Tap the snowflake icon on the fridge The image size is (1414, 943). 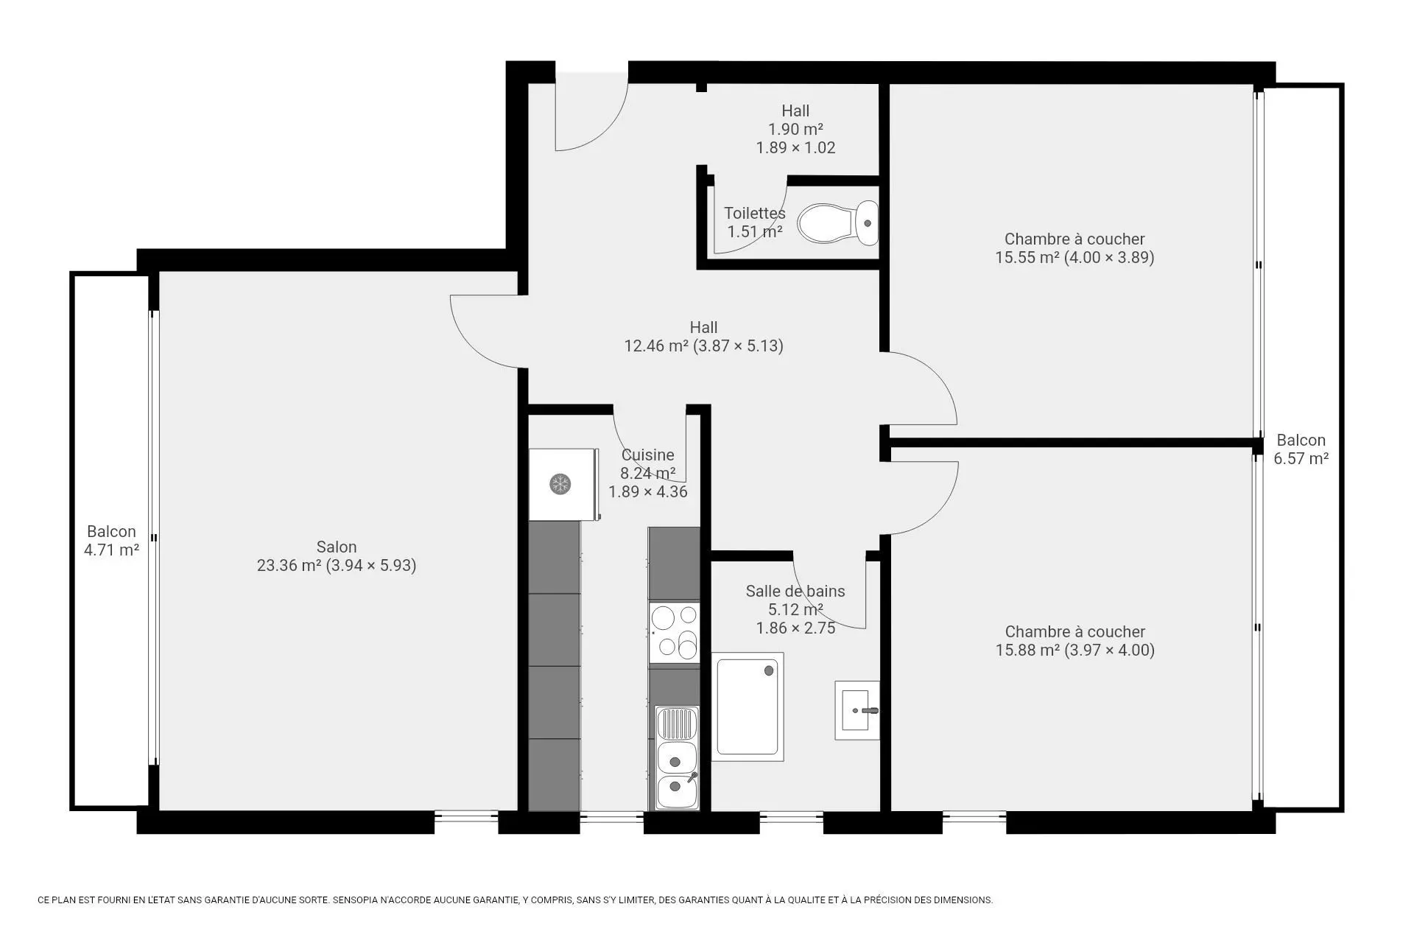(x=560, y=484)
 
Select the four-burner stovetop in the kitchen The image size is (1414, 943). (x=674, y=632)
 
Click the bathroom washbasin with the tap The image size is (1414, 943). (x=857, y=710)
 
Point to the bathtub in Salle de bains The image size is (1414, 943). (x=748, y=707)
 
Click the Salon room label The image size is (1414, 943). (x=337, y=547)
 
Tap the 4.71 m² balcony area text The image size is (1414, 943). (x=111, y=550)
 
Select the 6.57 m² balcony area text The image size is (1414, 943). (x=1301, y=458)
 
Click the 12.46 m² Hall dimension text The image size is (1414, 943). (x=703, y=346)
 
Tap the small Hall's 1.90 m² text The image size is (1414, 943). (x=795, y=129)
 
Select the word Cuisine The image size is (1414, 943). (x=647, y=455)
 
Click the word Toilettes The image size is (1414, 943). (x=755, y=213)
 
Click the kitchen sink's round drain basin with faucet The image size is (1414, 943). (x=676, y=791)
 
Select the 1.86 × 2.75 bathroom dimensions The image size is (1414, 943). (x=795, y=628)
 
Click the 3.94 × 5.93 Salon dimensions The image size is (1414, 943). (x=371, y=565)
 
